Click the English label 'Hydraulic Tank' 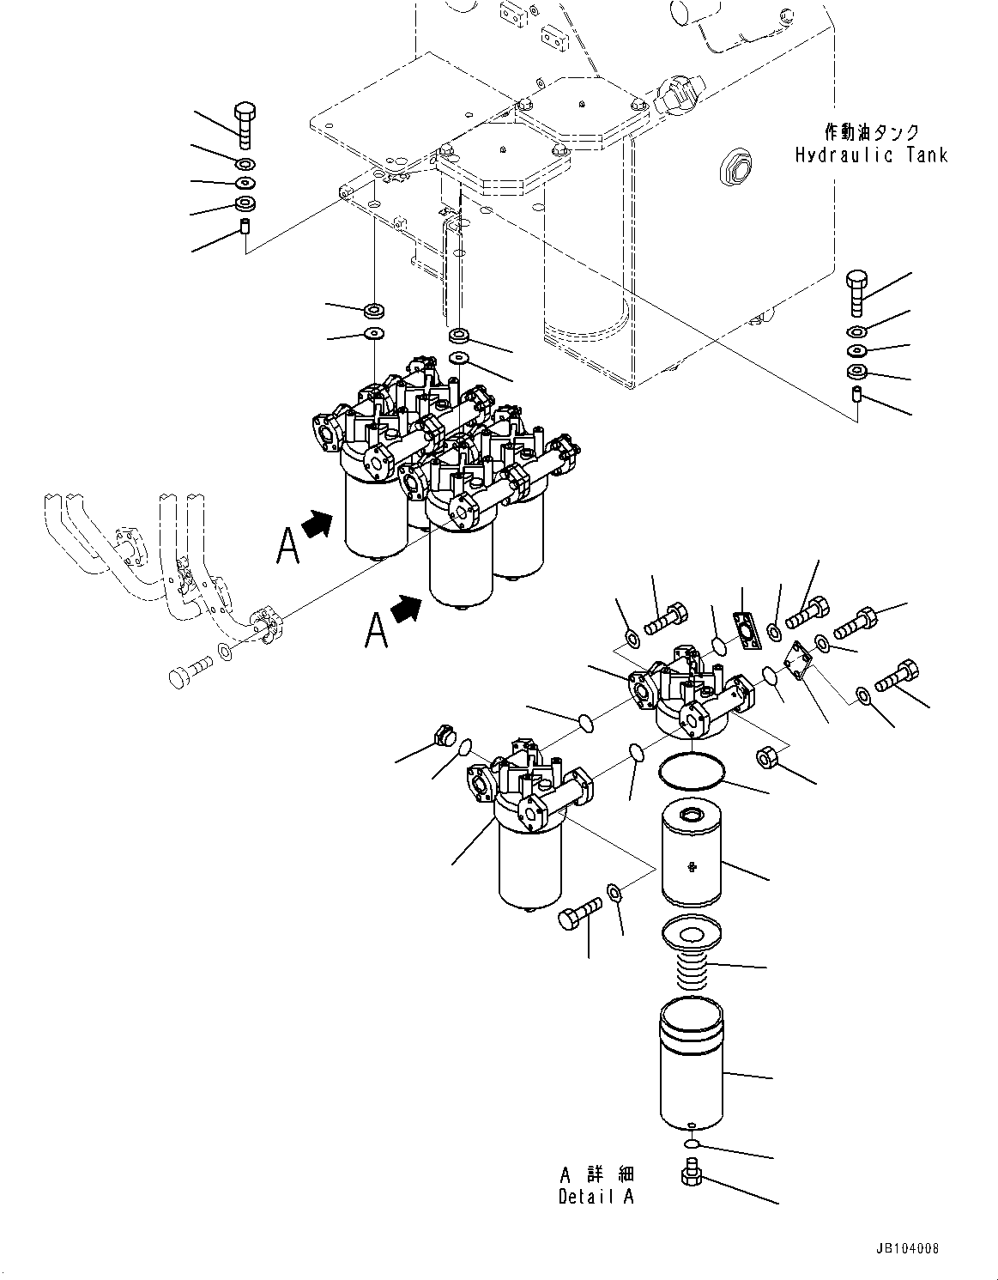pos(871,155)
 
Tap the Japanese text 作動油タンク pos(871,132)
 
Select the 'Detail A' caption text pos(596,1197)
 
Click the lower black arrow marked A pos(406,610)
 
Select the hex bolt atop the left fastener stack pos(245,124)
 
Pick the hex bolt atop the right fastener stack pos(858,292)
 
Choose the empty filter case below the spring pos(692,1069)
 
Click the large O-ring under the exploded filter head pos(692,769)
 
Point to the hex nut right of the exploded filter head pos(765,758)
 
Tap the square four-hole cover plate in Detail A pos(798,661)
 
